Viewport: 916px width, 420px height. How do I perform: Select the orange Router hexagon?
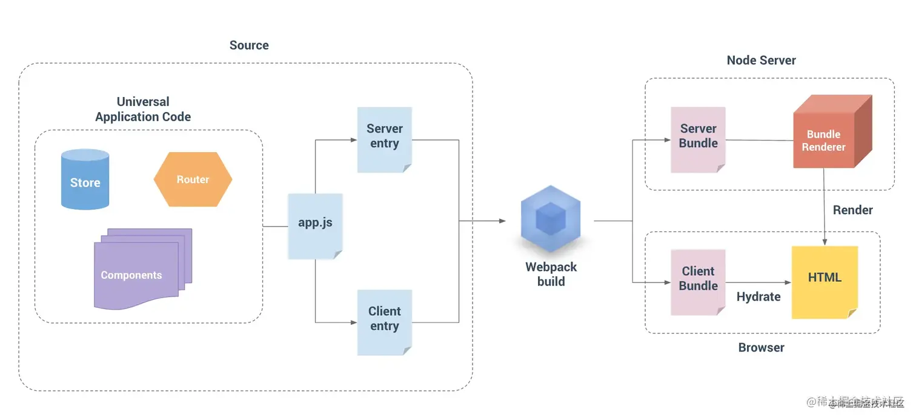point(193,179)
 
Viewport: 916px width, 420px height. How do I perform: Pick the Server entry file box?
point(384,139)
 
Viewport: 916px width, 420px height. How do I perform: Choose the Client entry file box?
point(384,322)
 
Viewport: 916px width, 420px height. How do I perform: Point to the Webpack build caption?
point(551,274)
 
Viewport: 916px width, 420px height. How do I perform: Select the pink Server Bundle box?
point(698,139)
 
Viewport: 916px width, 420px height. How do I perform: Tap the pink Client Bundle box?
point(698,282)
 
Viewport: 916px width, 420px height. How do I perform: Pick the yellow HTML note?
point(825,282)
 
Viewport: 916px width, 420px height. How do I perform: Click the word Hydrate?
point(758,297)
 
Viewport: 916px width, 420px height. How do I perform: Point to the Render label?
point(852,210)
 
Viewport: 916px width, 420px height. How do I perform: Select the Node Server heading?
point(761,60)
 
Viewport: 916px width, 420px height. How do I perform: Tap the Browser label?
point(761,348)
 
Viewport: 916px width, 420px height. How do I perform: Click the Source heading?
point(249,45)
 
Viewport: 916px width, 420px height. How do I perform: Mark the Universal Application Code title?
point(143,109)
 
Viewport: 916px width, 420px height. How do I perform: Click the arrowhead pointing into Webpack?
point(502,221)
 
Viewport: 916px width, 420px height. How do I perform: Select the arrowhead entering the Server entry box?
point(354,140)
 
